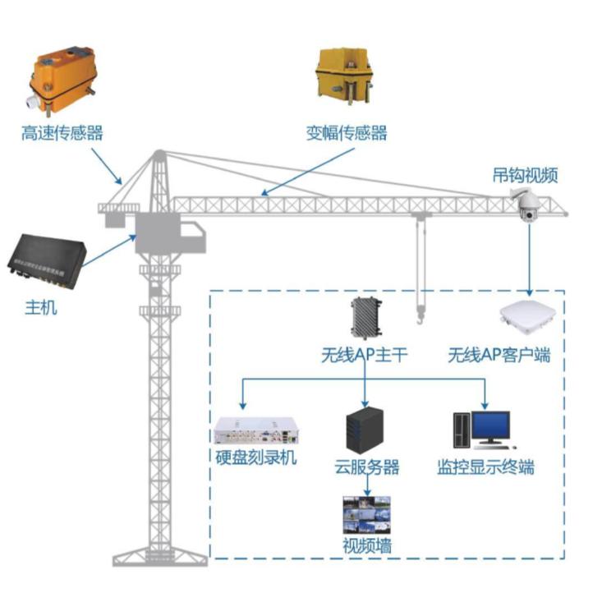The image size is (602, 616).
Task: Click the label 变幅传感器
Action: click(x=347, y=132)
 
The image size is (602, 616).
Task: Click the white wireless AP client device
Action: click(x=527, y=319)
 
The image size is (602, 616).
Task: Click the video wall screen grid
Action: click(x=367, y=514)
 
